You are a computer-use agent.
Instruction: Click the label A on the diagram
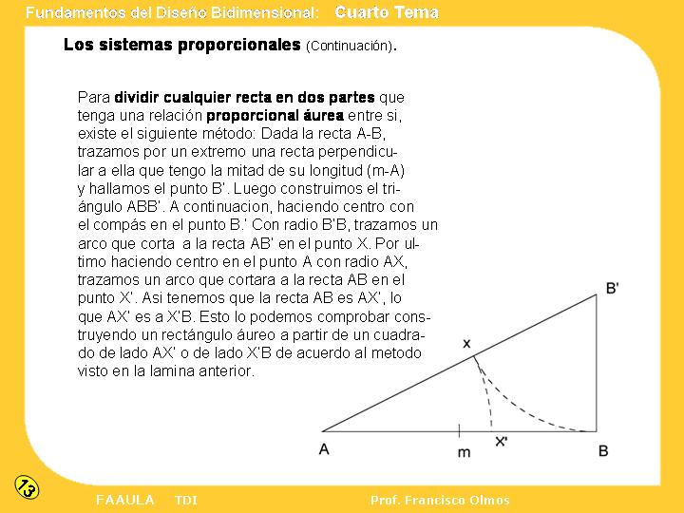click(324, 449)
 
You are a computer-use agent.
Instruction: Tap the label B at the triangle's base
click(603, 450)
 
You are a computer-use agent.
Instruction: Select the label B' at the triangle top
click(612, 288)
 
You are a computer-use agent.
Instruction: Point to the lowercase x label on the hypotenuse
click(466, 342)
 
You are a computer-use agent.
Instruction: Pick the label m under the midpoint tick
click(464, 452)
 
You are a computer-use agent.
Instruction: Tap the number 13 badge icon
click(27, 487)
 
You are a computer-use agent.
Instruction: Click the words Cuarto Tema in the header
click(387, 12)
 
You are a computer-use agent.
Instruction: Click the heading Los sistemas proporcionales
click(181, 45)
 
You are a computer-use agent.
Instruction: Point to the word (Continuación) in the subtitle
click(349, 46)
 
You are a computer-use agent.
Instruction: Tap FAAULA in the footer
click(124, 500)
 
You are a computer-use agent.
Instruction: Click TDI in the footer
click(186, 500)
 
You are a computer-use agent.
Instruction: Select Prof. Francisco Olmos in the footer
click(440, 500)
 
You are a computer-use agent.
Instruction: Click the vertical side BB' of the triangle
click(598, 366)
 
